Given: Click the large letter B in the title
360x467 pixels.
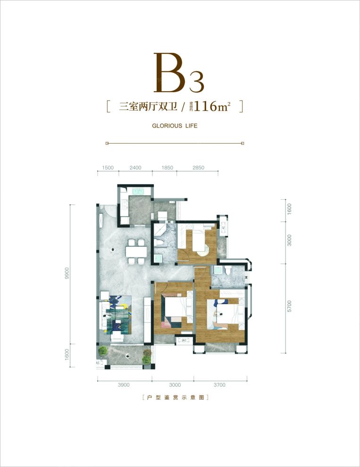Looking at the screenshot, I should (x=169, y=74).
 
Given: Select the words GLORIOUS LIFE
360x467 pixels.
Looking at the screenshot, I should (x=175, y=126).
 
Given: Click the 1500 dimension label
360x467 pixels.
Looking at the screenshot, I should (x=108, y=168).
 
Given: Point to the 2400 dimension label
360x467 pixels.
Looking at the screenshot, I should (x=134, y=168).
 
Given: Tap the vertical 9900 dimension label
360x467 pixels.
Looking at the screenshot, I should (x=67, y=274).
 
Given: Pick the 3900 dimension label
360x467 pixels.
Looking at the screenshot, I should (x=124, y=385).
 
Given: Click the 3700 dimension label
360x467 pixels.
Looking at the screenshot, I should (x=219, y=385).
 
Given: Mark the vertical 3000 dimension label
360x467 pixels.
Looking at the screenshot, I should (x=290, y=240).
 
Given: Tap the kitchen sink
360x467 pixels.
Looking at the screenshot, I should (x=139, y=191).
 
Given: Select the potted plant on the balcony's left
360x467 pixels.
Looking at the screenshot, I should (x=102, y=352).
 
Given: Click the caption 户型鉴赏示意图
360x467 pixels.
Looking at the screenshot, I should (x=175, y=398).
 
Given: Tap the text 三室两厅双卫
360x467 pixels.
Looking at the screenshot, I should (x=148, y=107).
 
